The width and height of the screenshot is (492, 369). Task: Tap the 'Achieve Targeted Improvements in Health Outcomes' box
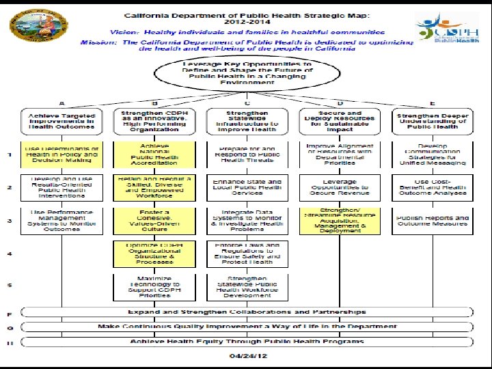coord(61,121)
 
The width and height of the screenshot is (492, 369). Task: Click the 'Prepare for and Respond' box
coord(247,154)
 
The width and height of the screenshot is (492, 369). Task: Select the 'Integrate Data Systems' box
coord(247,219)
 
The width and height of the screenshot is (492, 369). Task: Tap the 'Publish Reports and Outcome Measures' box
coord(432,219)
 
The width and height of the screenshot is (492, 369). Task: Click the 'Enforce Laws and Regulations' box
coord(247,253)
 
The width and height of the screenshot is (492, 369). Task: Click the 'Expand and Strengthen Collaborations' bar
coord(247,312)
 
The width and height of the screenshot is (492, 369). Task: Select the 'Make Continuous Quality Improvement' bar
coord(247,327)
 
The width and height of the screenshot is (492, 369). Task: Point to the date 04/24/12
coord(247,356)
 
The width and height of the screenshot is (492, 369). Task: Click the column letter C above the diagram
coord(247,103)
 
